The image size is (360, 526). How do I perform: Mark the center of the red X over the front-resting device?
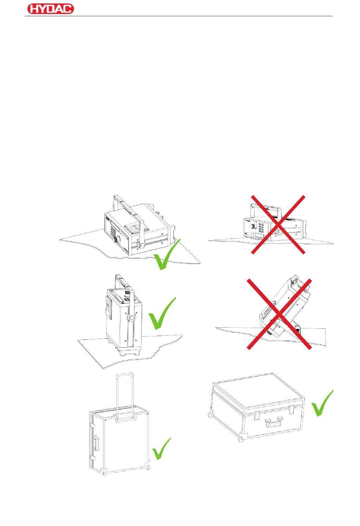[278, 224]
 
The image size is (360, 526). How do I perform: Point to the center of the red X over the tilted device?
[279, 314]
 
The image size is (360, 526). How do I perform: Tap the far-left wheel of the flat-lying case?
[210, 416]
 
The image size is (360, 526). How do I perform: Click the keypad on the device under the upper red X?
[261, 227]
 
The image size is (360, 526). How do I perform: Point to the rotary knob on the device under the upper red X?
[252, 226]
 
